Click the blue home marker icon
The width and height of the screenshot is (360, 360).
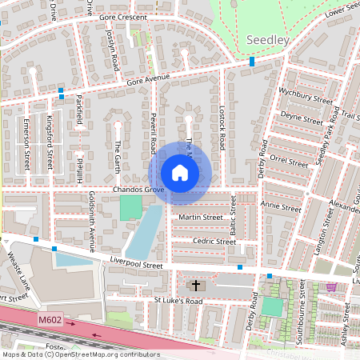point(180,172)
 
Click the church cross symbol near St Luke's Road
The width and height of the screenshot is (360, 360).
point(195,285)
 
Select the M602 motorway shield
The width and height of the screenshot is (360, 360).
point(49,320)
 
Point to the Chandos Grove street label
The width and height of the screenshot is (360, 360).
point(138,190)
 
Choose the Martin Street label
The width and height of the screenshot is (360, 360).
point(201,217)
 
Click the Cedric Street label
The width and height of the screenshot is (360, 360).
point(214,241)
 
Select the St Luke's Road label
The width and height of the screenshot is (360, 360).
point(180,301)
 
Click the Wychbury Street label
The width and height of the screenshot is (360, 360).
point(305,100)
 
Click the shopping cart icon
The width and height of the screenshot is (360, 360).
point(332,287)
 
